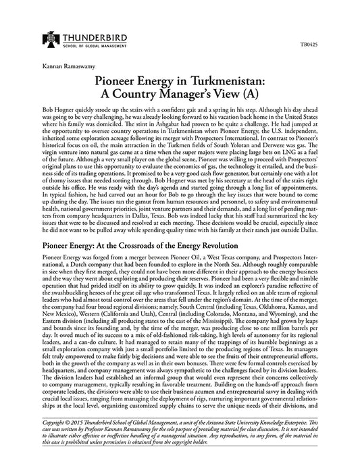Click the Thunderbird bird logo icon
49,38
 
